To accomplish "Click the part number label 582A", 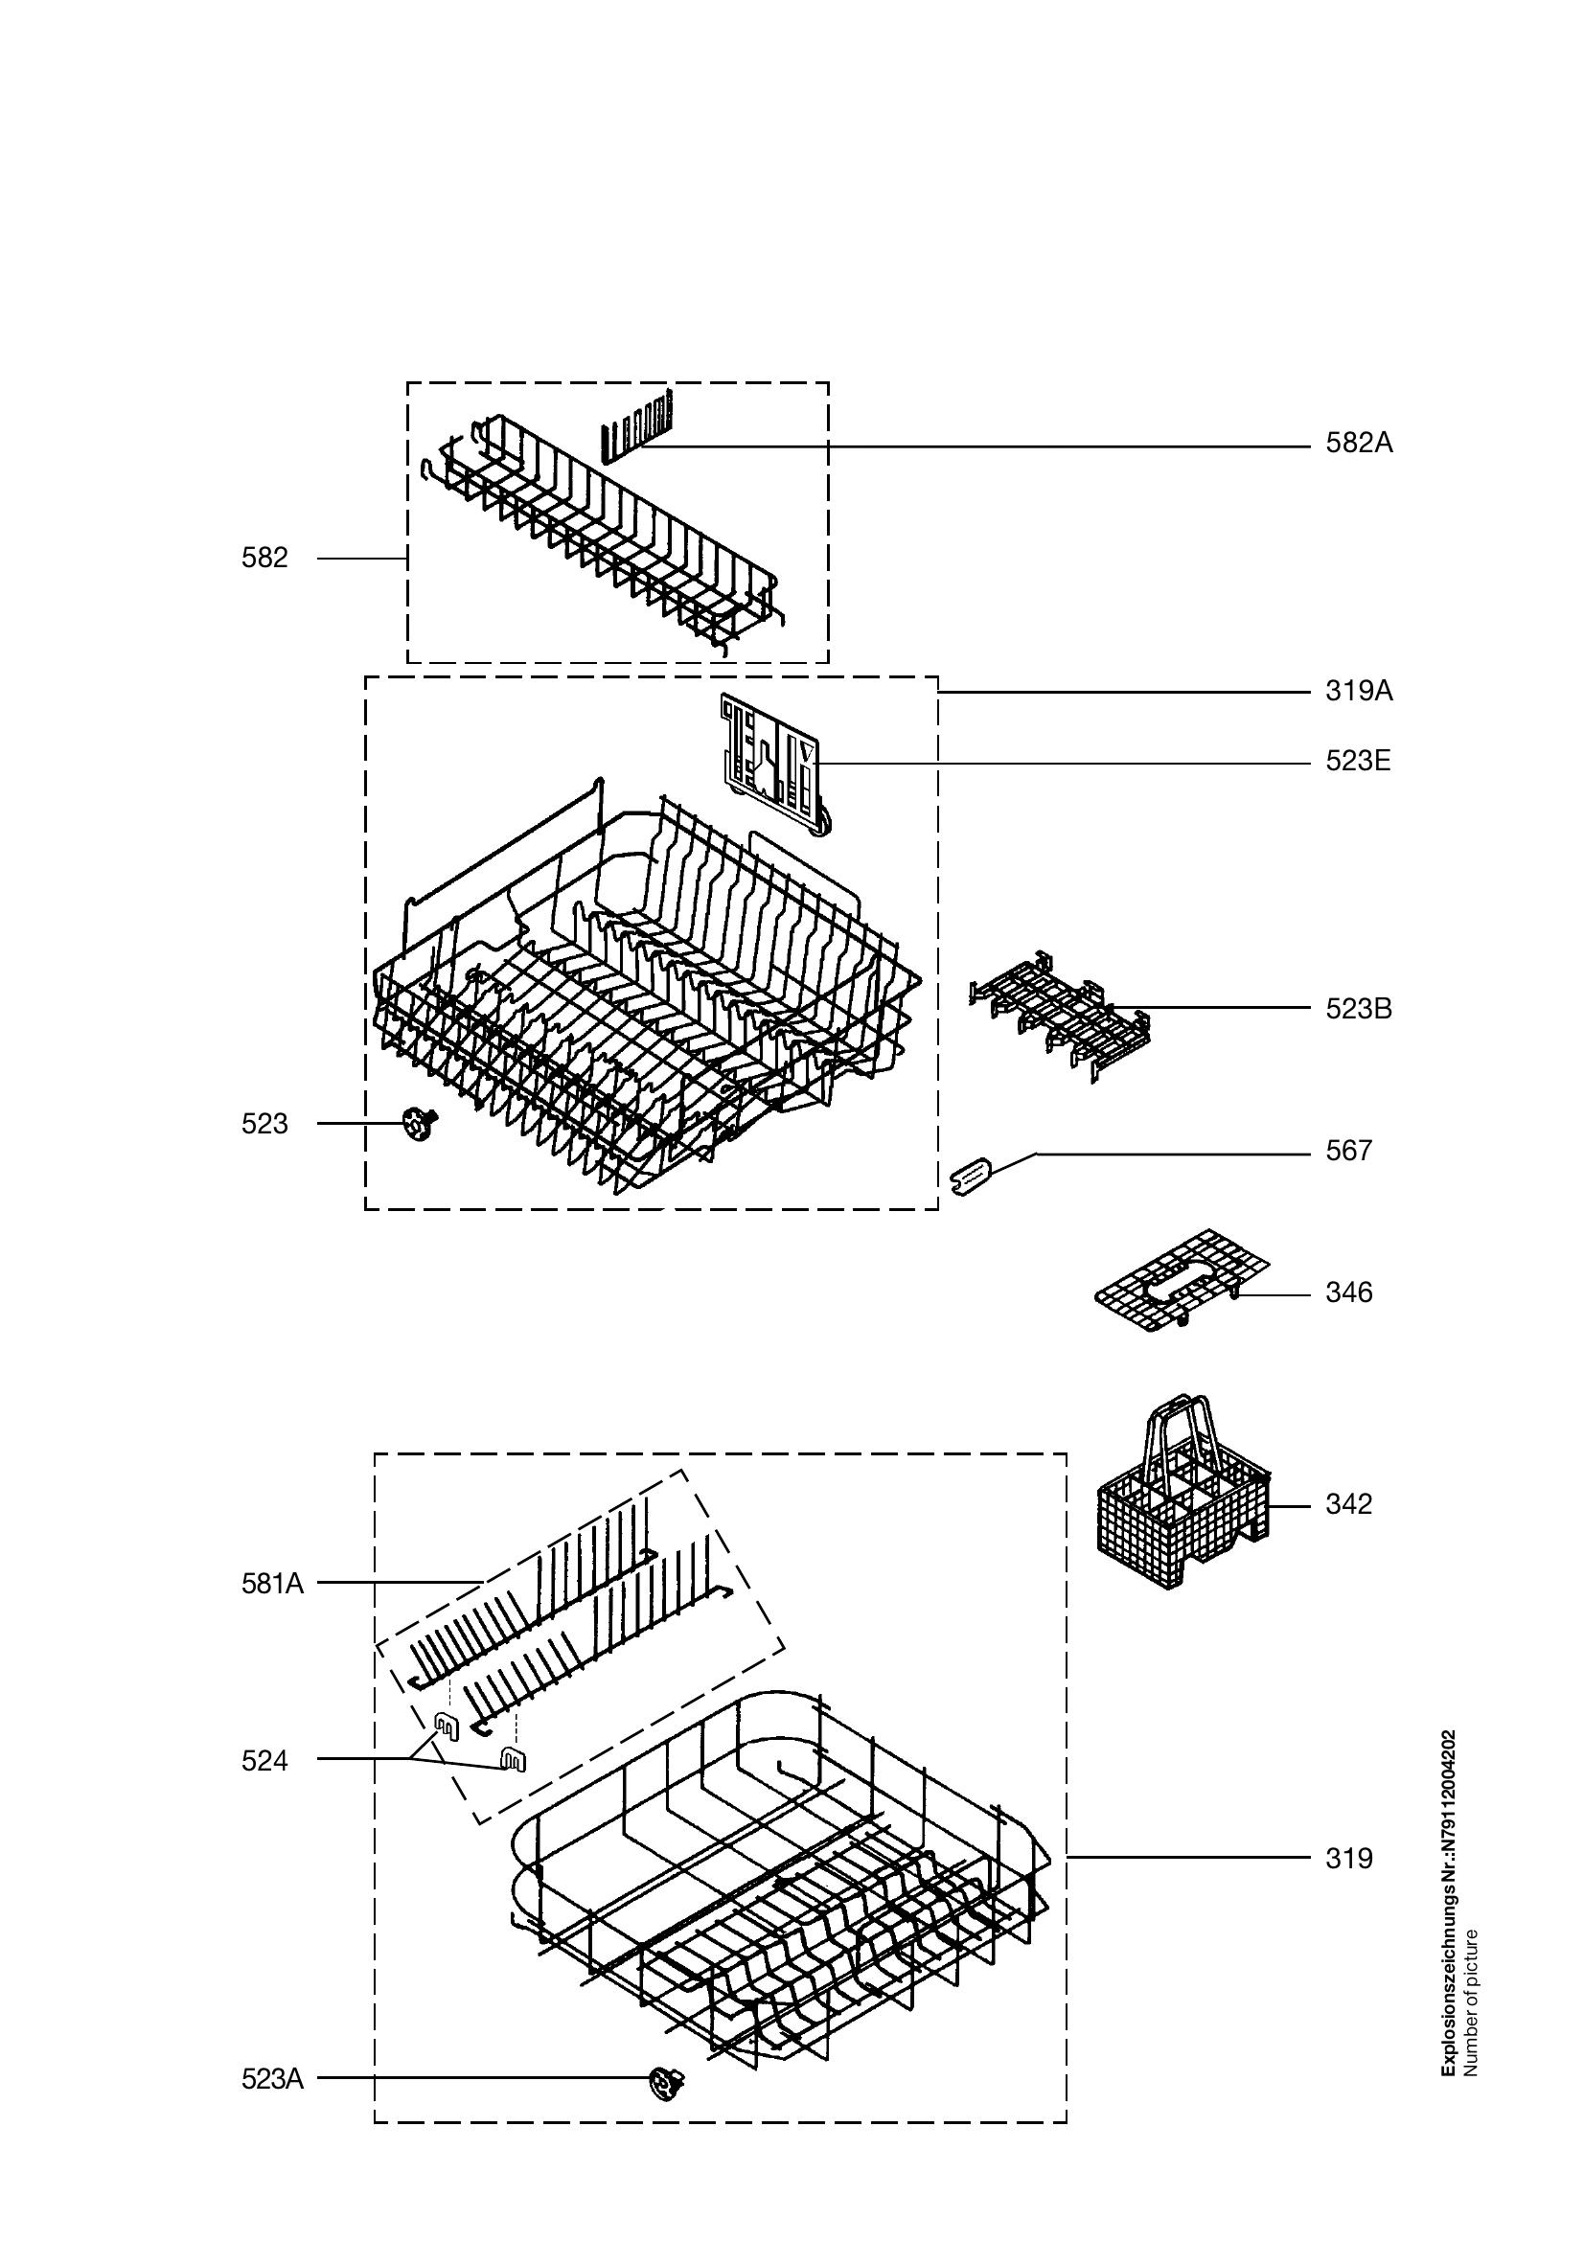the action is pyautogui.click(x=1359, y=445).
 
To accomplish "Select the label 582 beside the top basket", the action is pyautogui.click(x=264, y=559).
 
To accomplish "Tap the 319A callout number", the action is pyautogui.click(x=1359, y=692).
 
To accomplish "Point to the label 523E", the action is pyautogui.click(x=1358, y=762).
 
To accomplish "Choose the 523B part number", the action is pyautogui.click(x=1359, y=1009).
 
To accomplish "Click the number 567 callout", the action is pyautogui.click(x=1349, y=1152).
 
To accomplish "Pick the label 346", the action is pyautogui.click(x=1349, y=1293).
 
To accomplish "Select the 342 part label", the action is pyautogui.click(x=1349, y=1504).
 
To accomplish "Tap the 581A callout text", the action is pyautogui.click(x=272, y=1584).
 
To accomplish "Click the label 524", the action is pyautogui.click(x=264, y=1761).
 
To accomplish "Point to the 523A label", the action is pyautogui.click(x=272, y=2080).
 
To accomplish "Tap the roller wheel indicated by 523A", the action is pyautogui.click(x=667, y=2085).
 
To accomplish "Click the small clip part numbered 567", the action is pyautogui.click(x=970, y=1176).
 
